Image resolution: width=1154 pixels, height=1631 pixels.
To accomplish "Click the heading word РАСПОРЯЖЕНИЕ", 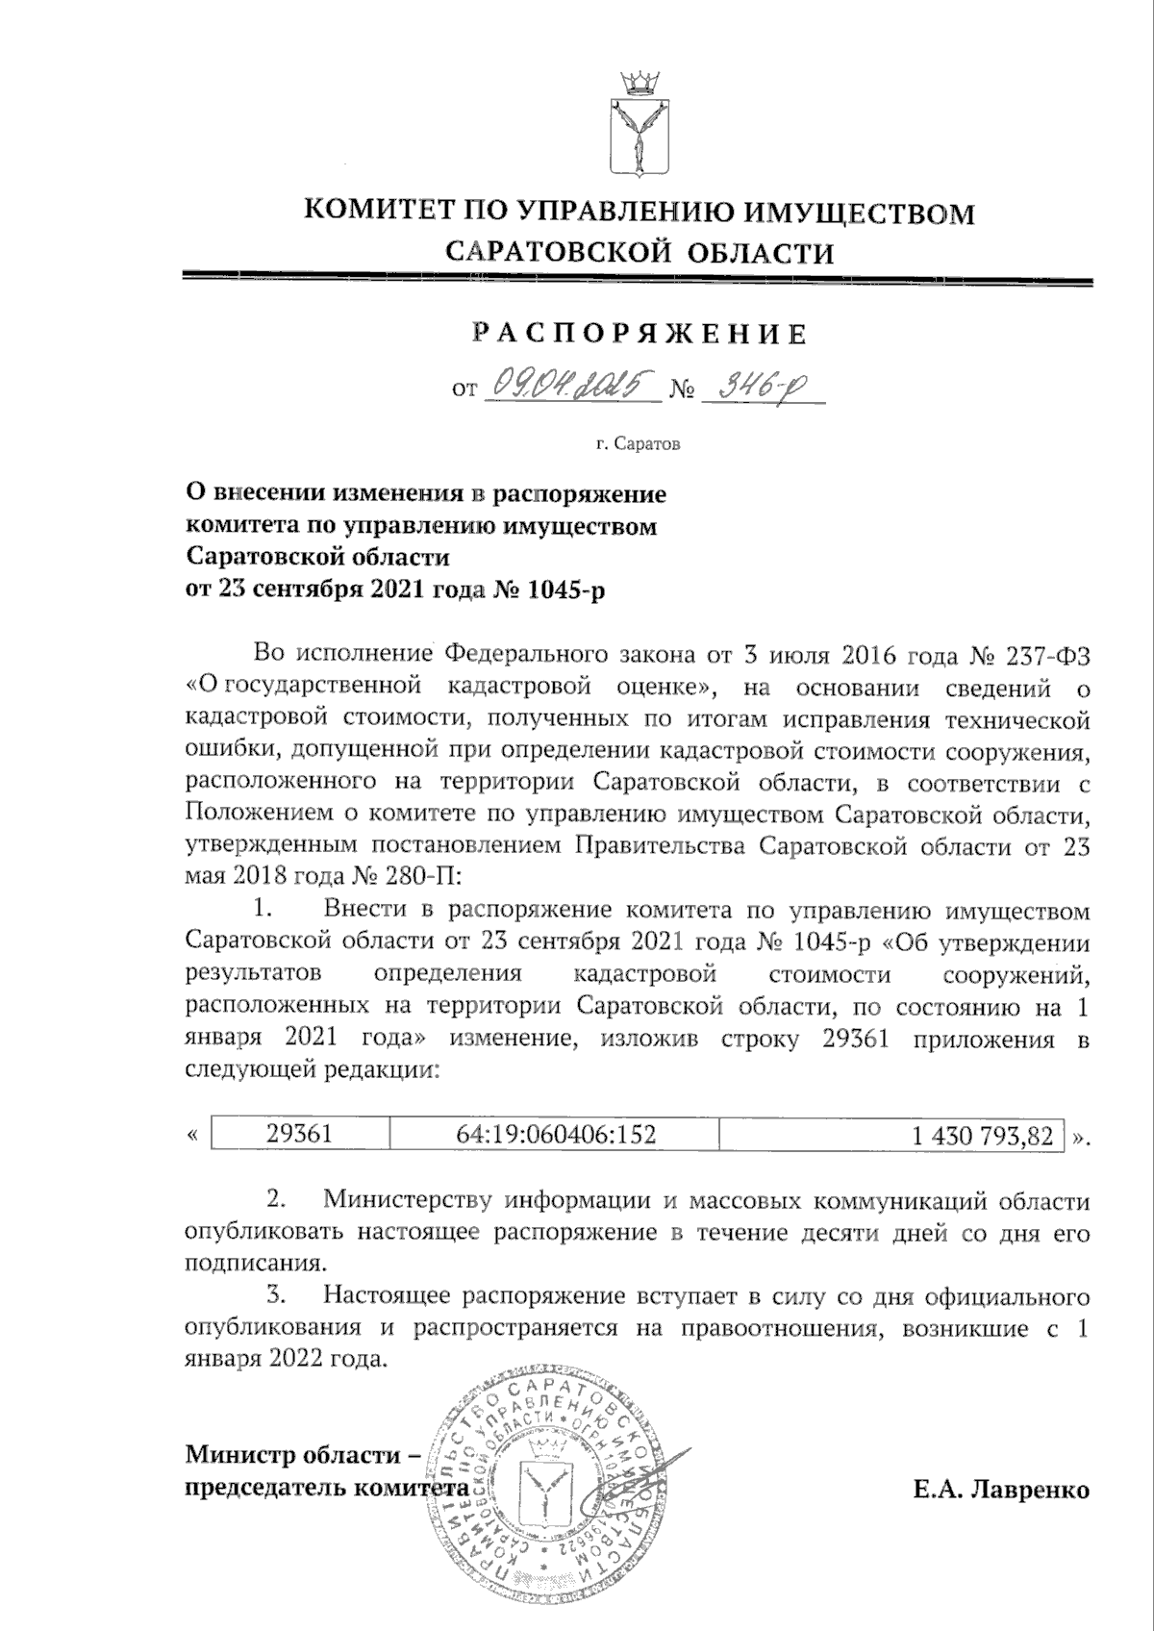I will coord(640,334).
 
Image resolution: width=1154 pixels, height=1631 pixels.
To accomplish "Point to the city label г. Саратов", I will coord(638,445).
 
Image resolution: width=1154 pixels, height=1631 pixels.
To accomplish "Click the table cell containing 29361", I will coord(300,1134).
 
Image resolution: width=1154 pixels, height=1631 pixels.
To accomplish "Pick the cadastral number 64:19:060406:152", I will coord(555,1134).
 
